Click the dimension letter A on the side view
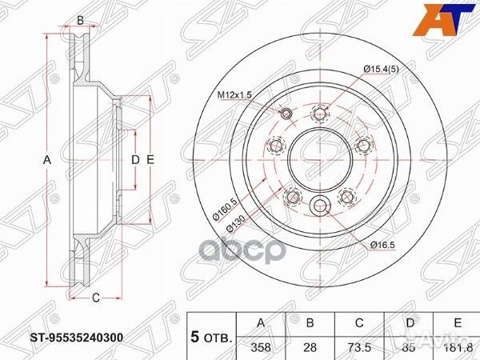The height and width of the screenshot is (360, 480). point(47,160)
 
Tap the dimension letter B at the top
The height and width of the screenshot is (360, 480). point(80,20)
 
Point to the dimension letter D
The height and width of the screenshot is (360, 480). point(135,160)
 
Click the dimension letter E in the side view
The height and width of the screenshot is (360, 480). point(150,160)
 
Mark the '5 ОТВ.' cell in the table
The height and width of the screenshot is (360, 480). point(210,336)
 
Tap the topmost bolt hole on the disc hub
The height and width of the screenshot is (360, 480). point(321,113)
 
